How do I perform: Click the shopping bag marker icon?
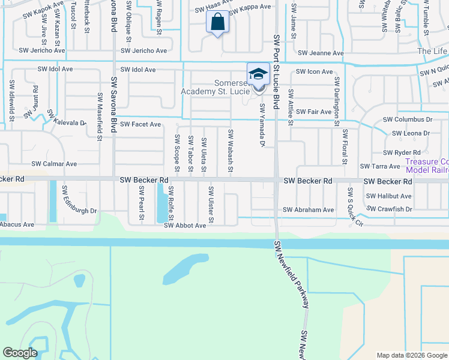tap(217, 23)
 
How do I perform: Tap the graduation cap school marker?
tap(258, 74)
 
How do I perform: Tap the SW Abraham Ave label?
tap(309, 210)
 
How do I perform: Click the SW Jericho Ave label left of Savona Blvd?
tap(42, 51)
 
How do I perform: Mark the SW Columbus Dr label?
tap(413, 120)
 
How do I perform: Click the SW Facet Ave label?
tap(140, 124)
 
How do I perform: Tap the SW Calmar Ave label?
tap(54, 164)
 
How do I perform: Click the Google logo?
tap(20, 353)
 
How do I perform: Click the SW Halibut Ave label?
tap(389, 196)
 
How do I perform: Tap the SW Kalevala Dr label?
tap(66, 118)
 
